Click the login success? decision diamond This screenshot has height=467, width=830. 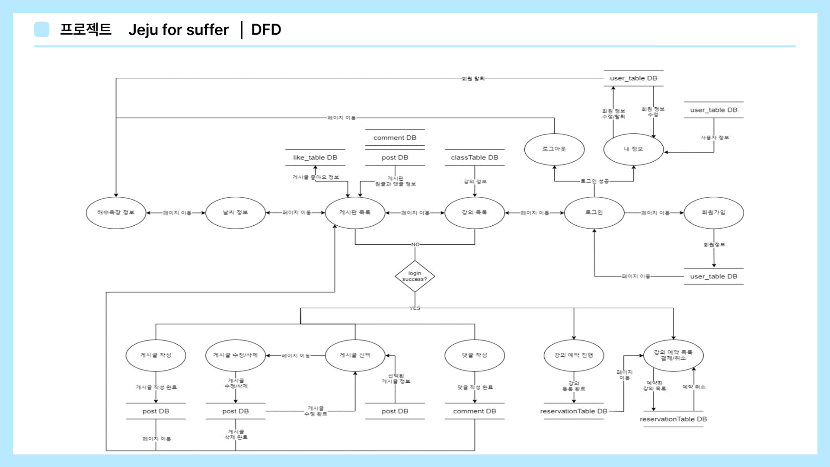point(415,276)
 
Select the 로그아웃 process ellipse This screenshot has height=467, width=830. point(554,149)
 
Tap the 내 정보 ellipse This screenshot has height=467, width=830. point(633,149)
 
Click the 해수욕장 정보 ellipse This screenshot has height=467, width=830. point(116,213)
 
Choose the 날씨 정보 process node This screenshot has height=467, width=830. point(235,213)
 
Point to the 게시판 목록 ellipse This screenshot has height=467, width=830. point(355,213)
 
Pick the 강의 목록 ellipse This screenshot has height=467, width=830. point(475,213)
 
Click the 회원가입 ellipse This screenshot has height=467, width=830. point(714,213)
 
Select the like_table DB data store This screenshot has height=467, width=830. point(315,158)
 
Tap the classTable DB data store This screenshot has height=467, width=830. point(475,158)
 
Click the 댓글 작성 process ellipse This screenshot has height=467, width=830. point(475,355)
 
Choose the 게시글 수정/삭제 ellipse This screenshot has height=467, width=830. point(235,355)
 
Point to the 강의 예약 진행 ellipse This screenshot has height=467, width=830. point(574,355)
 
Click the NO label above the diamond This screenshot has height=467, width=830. point(415,245)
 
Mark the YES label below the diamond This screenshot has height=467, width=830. point(415,308)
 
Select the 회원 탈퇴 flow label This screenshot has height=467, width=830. point(473,79)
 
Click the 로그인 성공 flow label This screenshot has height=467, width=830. point(594,181)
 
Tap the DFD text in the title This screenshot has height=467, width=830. point(266,30)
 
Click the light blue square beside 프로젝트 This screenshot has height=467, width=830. point(42,29)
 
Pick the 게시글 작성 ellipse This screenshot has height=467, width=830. point(156,355)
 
